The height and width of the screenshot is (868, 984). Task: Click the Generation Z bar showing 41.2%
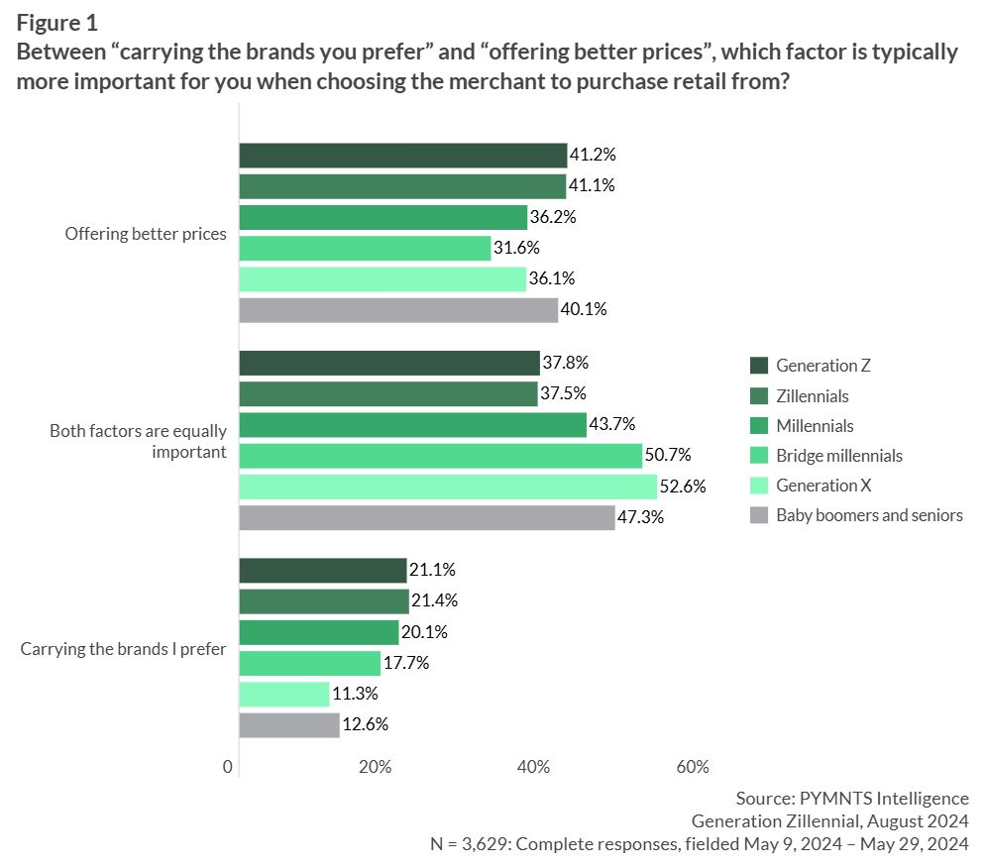402,156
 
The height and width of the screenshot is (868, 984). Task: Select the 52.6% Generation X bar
448,487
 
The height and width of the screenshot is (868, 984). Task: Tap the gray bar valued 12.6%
289,725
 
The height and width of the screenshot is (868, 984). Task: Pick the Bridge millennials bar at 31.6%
365,248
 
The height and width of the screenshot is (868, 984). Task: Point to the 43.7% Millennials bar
412,425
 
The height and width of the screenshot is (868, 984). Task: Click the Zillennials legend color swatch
759,396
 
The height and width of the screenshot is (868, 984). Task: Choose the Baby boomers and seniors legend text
869,515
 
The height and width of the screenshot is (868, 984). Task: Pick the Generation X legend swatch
759,486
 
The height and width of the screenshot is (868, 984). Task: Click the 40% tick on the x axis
534,767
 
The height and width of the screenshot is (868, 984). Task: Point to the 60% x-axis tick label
692,767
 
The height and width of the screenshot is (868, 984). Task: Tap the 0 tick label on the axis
229,767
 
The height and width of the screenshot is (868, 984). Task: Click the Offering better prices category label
146,235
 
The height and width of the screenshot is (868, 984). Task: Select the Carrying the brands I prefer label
124,650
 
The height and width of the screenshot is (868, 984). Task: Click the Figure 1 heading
55,21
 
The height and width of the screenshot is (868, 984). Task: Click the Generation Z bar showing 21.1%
323,571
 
